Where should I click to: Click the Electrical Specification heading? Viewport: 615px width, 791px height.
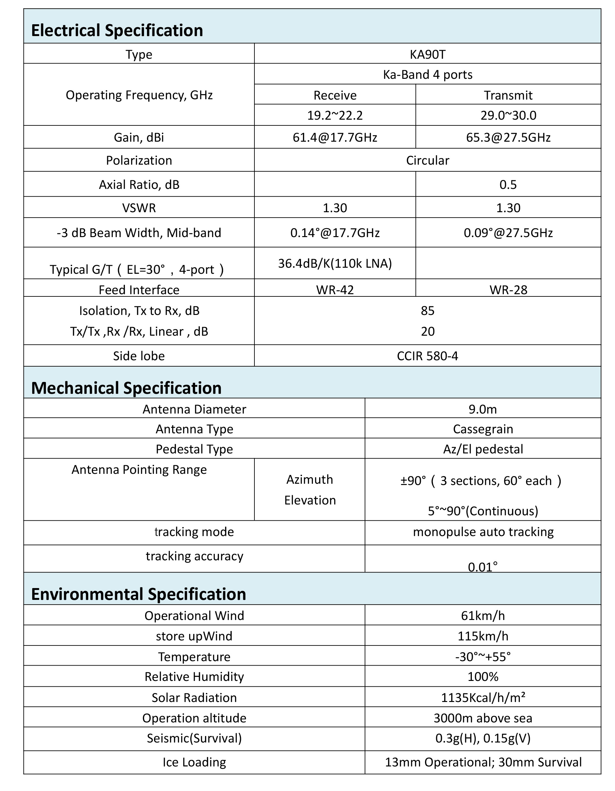tap(117, 30)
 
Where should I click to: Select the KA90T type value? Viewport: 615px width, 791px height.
tap(427, 54)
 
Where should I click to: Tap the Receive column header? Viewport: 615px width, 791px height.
tap(335, 95)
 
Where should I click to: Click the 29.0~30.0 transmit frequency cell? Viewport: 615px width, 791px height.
tap(508, 116)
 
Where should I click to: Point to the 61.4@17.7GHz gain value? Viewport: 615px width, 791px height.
tap(335, 138)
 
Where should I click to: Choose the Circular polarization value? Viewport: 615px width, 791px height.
tap(427, 160)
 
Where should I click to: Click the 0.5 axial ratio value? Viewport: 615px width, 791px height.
tap(508, 185)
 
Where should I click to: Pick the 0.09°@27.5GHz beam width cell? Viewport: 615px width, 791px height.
tap(508, 233)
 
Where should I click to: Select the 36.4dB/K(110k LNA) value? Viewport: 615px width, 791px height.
tap(335, 263)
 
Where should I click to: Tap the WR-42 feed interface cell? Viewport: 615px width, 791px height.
tap(335, 290)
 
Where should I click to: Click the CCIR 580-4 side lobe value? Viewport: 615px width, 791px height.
tap(427, 356)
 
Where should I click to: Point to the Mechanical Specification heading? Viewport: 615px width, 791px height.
tap(126, 388)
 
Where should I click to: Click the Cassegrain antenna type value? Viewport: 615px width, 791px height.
tap(483, 429)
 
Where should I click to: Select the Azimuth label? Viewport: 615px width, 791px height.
tap(310, 480)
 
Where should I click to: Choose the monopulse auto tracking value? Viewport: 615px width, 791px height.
tap(483, 532)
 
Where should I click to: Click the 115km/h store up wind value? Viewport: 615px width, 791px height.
tap(483, 636)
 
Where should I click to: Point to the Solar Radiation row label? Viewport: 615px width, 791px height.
tap(194, 698)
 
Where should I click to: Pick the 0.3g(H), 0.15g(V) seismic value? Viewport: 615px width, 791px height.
tap(483, 738)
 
